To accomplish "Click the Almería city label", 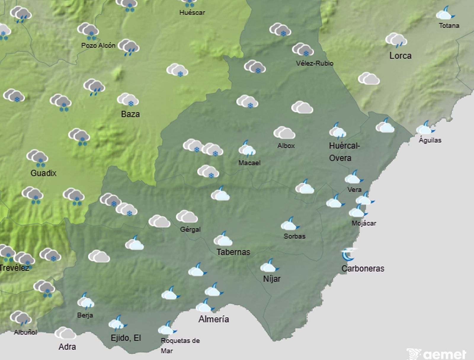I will coord(214,319).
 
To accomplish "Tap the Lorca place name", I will coord(400,56).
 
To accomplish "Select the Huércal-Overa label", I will coord(344,152).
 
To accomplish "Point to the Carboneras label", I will coord(363,268).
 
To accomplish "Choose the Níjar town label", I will coord(272,279).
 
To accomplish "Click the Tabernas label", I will coord(233,252).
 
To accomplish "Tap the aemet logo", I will coord(437,354).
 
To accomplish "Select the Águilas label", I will coord(430,140).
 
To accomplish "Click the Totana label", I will coord(449,26).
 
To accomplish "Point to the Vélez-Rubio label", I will coord(314,63).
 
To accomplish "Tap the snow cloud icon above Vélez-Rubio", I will coord(302,50).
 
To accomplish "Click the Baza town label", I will coord(130,114).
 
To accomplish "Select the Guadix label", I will coord(44,173).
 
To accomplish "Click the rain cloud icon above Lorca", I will coord(396,40).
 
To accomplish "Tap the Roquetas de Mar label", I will coord(180,345).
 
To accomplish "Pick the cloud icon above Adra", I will coord(65,333).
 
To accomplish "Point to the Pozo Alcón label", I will coord(98,45).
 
